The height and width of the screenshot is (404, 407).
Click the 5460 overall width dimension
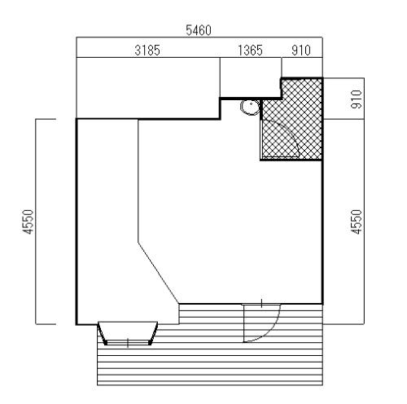[x=199, y=30]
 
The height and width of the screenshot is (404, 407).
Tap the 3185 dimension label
[x=147, y=50]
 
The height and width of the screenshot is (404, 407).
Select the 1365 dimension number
[x=250, y=50]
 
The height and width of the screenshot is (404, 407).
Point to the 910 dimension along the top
[x=301, y=50]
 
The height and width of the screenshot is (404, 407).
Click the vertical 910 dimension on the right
[x=357, y=99]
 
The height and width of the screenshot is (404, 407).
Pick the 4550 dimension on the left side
[x=28, y=222]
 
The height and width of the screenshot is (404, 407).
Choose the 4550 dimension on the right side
[x=357, y=222]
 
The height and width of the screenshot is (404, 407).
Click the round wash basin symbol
[x=250, y=108]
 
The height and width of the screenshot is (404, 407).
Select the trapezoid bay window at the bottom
[x=128, y=333]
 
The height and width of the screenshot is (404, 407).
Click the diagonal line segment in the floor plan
[x=159, y=272]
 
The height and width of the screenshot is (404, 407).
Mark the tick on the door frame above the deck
[x=261, y=303]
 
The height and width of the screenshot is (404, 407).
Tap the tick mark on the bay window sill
[x=128, y=343]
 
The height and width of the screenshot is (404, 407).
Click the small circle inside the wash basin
[x=252, y=103]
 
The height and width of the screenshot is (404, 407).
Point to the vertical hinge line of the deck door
[x=244, y=323]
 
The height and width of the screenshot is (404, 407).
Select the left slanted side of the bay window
[x=102, y=333]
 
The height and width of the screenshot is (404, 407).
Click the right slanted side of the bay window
[x=154, y=333]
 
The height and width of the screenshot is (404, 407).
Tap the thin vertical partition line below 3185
[x=138, y=180]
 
